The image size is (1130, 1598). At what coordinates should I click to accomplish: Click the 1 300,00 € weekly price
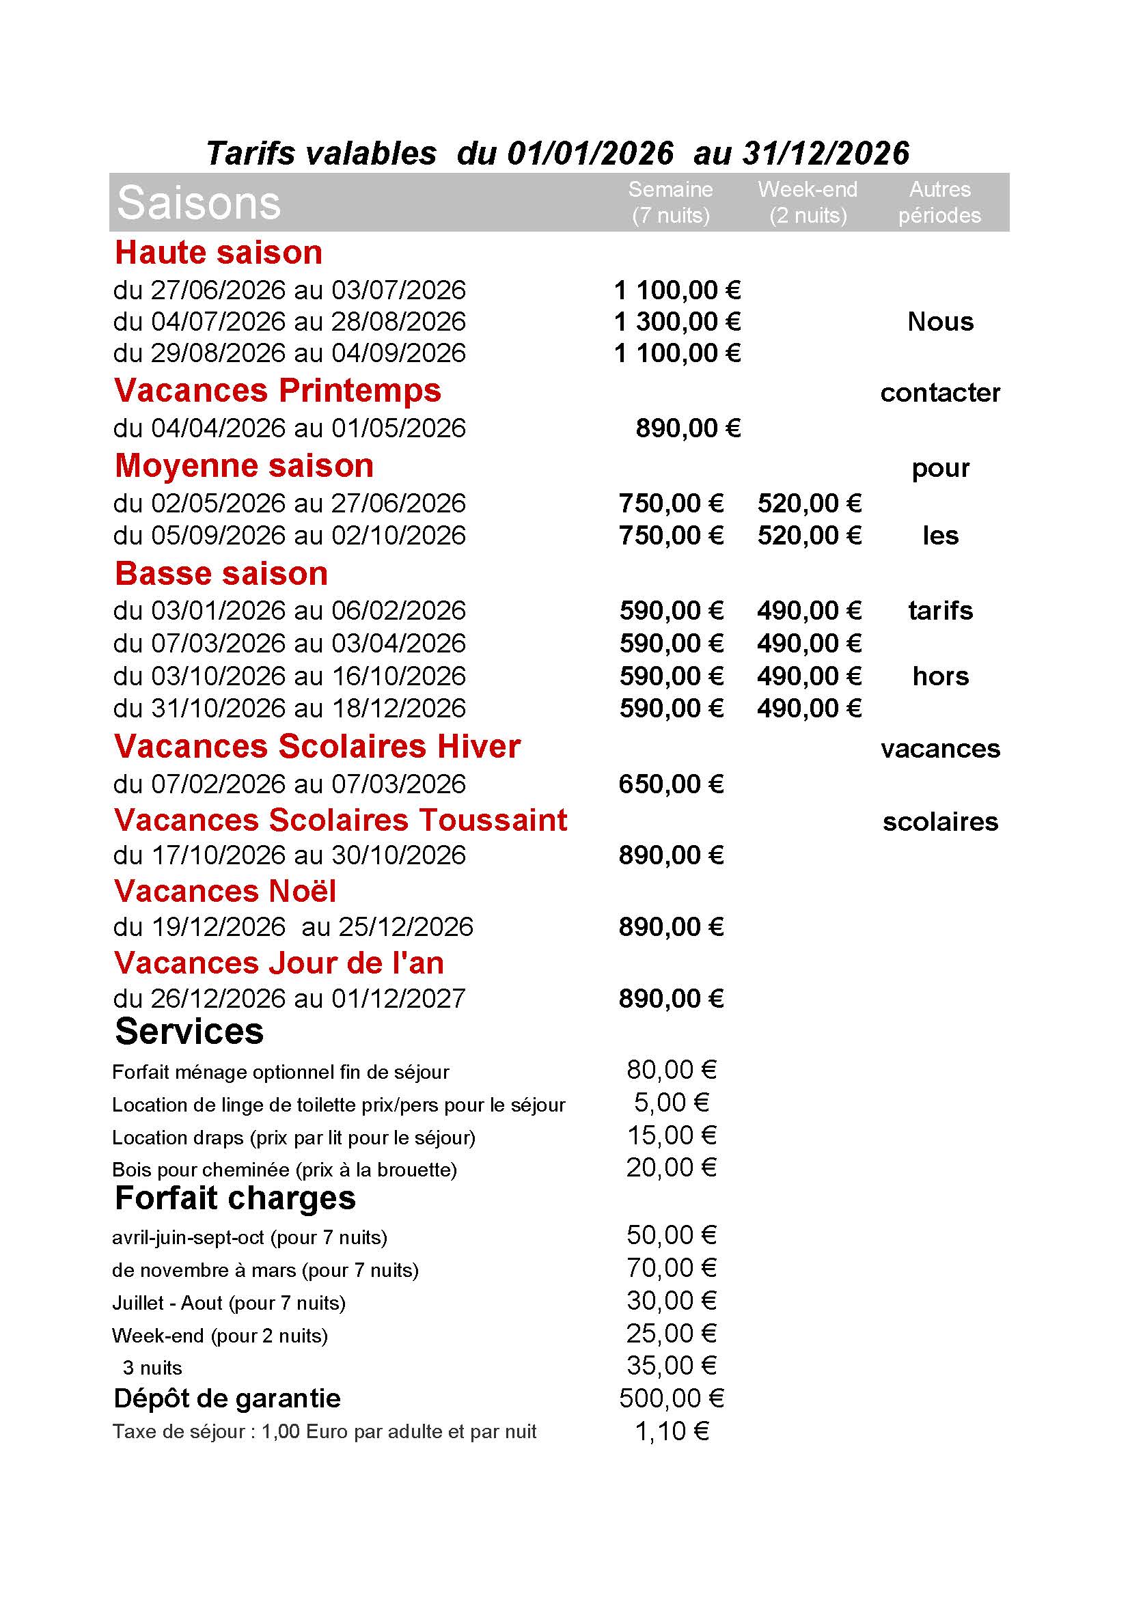[x=677, y=322]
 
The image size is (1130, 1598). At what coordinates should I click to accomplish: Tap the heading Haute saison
[x=219, y=252]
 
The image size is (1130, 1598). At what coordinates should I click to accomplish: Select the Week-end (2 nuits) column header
[x=807, y=202]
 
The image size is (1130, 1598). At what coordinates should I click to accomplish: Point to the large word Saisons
[x=198, y=202]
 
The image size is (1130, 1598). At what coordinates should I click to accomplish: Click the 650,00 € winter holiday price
[x=671, y=784]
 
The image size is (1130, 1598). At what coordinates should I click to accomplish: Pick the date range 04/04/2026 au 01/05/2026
[x=290, y=428]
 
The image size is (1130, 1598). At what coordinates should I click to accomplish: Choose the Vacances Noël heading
[x=225, y=892]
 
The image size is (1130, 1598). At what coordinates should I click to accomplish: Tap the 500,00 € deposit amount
[x=672, y=1399]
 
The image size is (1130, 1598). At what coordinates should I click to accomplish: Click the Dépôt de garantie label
[x=227, y=1399]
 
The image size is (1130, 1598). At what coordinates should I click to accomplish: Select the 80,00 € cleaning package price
[x=672, y=1070]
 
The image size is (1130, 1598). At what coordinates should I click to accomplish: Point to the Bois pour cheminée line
[x=284, y=1170]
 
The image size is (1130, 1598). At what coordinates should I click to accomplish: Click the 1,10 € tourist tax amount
[x=672, y=1432]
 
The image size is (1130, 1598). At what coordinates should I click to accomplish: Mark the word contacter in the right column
[x=940, y=394]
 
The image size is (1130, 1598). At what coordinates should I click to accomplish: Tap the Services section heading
[x=189, y=1032]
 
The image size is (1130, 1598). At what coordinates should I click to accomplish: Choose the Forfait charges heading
[x=235, y=1198]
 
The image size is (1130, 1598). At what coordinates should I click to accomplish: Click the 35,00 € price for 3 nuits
[x=672, y=1366]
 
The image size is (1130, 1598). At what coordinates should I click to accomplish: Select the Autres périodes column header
[x=939, y=202]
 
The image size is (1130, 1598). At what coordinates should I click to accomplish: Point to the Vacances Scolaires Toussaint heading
[x=340, y=820]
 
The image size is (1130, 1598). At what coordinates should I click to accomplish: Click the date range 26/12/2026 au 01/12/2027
[x=290, y=999]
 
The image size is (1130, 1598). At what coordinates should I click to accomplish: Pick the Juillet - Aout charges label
[x=228, y=1303]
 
